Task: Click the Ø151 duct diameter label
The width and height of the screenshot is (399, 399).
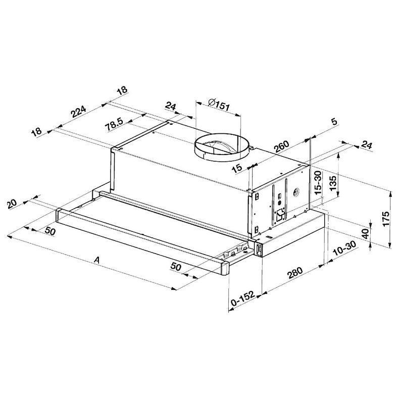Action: coord(219,104)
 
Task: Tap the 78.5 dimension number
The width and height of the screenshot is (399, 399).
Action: coord(115,124)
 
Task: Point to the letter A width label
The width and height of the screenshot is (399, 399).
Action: coord(96,260)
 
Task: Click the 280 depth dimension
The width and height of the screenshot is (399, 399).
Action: coord(295,273)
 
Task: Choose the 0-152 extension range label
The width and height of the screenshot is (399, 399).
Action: coord(242,298)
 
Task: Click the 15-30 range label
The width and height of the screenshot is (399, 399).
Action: coord(318,182)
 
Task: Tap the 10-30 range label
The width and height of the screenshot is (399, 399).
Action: coord(344,248)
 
